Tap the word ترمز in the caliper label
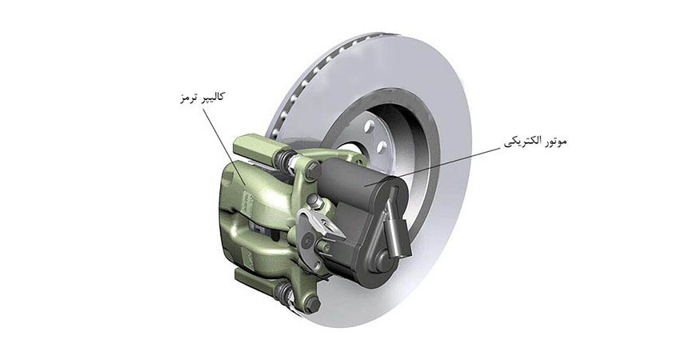click(x=187, y=98)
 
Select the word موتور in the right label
click(x=554, y=142)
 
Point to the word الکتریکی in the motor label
click(x=522, y=142)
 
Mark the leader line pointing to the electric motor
click(x=434, y=167)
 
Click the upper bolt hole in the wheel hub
click(x=369, y=127)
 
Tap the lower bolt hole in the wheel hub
click(x=382, y=147)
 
